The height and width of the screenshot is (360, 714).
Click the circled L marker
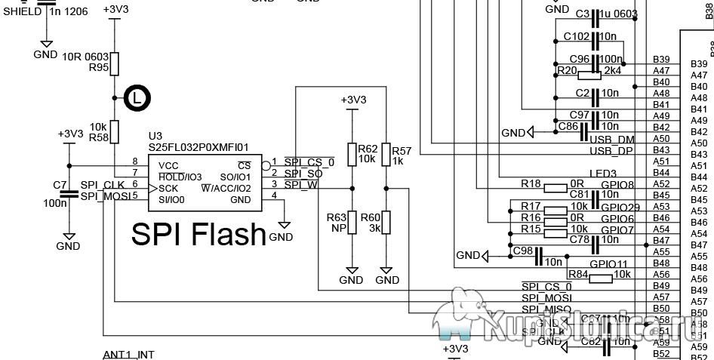click(x=136, y=97)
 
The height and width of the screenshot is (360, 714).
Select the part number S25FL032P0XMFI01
click(x=199, y=148)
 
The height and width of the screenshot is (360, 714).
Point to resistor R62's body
click(x=351, y=154)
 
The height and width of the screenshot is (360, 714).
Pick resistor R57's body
click(x=386, y=154)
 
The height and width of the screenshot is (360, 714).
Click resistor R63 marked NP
click(x=351, y=223)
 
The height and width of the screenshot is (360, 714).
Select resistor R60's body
click(x=386, y=223)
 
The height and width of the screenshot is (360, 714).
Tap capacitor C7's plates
click(x=69, y=193)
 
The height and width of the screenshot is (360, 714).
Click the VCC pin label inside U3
click(x=168, y=165)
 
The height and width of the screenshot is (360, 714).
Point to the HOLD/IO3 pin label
click(x=180, y=176)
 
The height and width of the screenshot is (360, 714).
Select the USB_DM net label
click(x=612, y=140)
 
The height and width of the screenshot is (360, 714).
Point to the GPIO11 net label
click(x=608, y=264)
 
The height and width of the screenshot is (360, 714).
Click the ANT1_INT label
click(x=128, y=354)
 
